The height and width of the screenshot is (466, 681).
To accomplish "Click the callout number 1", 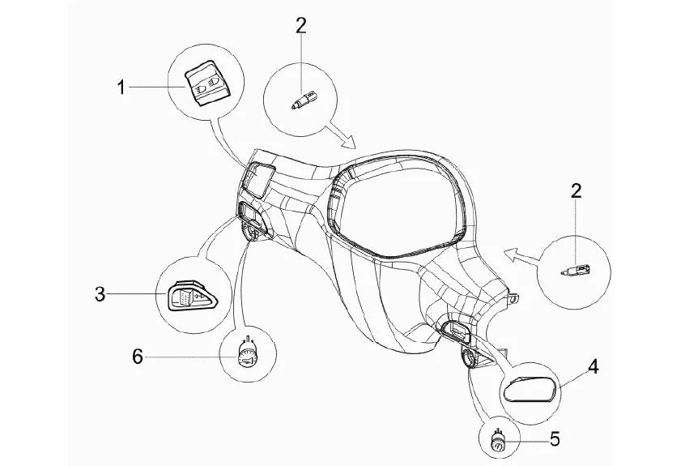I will tap(121, 87).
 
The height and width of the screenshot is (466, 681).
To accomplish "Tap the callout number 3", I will tap(100, 294).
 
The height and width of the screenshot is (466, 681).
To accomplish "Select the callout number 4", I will tap(593, 366).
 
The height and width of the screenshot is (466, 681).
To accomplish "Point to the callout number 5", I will tap(554, 439).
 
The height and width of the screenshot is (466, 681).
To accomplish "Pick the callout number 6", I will tap(138, 355).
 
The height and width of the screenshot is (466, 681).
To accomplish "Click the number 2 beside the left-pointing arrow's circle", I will tap(576, 191).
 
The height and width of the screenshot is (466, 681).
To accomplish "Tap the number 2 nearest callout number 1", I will tap(300, 25).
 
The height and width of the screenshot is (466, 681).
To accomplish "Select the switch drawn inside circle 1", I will tap(206, 83).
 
